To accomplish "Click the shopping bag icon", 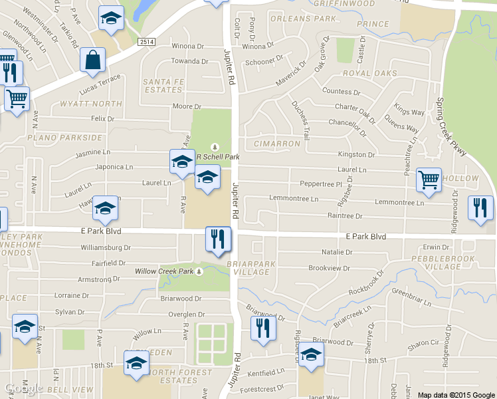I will click(x=92, y=60).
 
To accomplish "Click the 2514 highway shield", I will click(x=147, y=42).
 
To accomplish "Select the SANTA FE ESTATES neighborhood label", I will click(x=163, y=85).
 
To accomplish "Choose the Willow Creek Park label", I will click(x=163, y=271).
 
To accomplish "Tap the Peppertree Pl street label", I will click(x=320, y=184).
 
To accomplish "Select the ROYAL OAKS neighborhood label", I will click(x=369, y=73).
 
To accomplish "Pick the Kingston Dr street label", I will click(x=357, y=155).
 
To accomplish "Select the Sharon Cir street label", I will click(x=423, y=343).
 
